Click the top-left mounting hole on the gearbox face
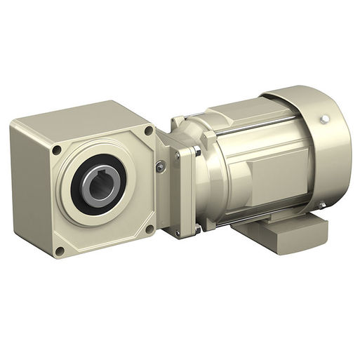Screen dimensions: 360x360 55,150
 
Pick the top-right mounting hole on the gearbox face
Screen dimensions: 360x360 148,130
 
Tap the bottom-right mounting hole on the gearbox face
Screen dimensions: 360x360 148,229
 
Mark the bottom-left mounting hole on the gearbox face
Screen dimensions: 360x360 60,250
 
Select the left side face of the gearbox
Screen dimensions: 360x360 32,189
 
